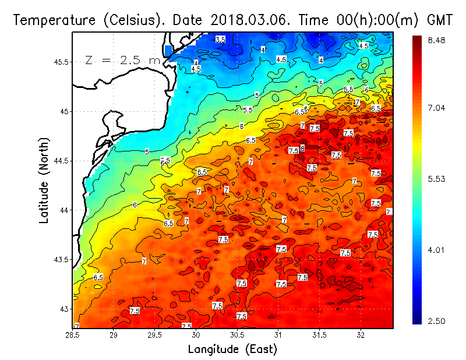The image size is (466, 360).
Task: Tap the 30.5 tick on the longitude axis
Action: click(x=237, y=336)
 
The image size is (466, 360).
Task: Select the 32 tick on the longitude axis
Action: click(x=361, y=336)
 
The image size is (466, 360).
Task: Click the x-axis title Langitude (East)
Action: click(x=232, y=350)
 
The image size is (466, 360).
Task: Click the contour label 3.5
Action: click(x=220, y=40)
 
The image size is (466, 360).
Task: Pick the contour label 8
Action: click(x=302, y=148)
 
